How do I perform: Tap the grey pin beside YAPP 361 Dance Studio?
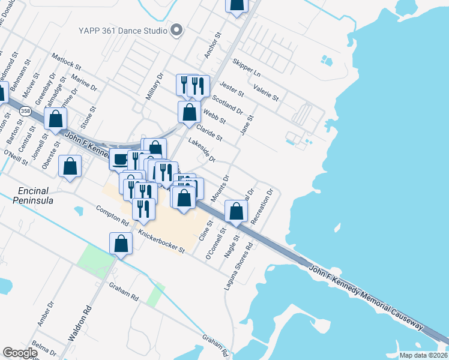(176, 30)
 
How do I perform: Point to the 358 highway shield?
(25, 111)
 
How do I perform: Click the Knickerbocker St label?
(160, 241)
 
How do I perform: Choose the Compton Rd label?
(113, 216)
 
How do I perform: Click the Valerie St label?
(267, 94)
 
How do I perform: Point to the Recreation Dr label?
(262, 208)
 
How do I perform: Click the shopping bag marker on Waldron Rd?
(121, 243)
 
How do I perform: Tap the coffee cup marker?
(119, 159)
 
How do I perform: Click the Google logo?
(20, 353)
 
